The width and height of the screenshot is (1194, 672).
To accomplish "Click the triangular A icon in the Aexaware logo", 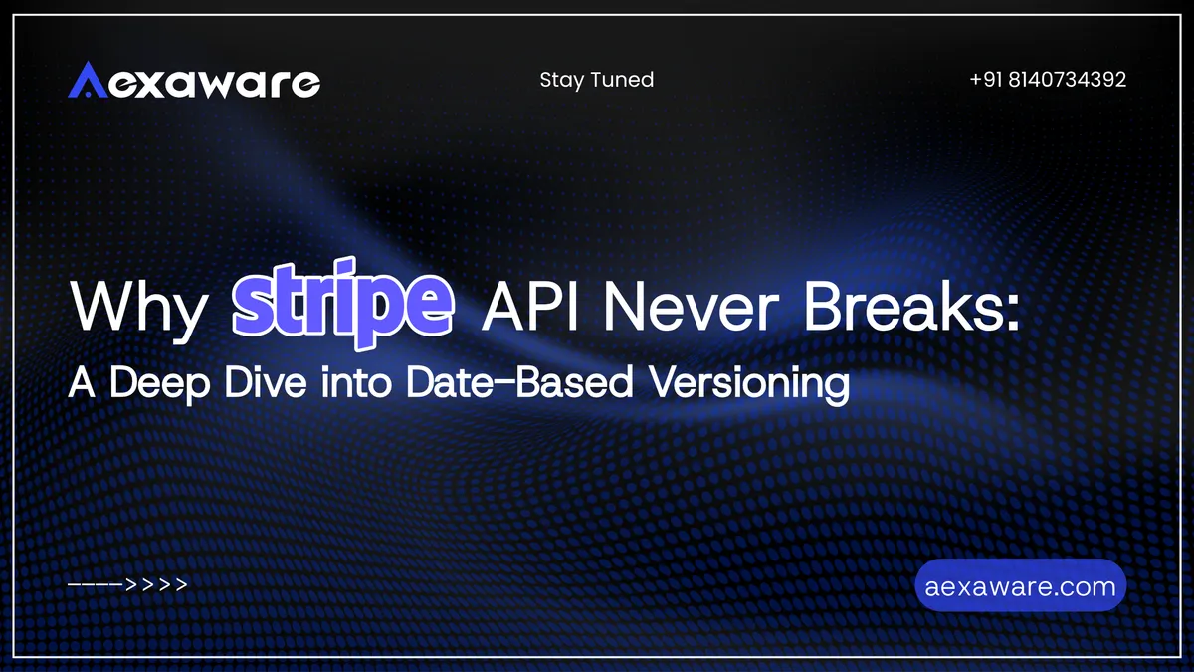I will [x=87, y=81].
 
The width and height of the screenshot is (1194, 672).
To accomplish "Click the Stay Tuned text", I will [x=596, y=80].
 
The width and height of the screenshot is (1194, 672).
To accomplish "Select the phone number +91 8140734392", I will [x=1048, y=80].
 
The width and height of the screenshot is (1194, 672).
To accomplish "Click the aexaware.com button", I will [x=1020, y=586].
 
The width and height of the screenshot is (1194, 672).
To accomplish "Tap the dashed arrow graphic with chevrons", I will [x=127, y=585].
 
